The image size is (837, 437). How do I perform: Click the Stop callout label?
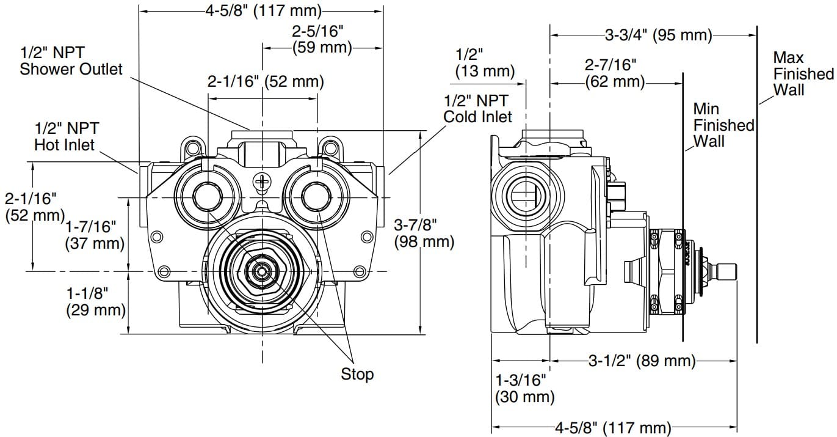click(x=357, y=373)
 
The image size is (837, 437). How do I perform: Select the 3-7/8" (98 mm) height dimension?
click(x=424, y=233)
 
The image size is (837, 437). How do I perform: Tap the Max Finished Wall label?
click(x=802, y=73)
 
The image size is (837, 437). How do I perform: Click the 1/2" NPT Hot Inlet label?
click(x=66, y=137)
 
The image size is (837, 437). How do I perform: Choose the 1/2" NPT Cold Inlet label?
click(x=477, y=108)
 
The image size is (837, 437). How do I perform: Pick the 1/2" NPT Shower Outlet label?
click(x=71, y=61)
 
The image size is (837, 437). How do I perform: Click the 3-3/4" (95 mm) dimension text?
click(x=658, y=35)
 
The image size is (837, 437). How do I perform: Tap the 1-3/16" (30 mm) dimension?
click(x=524, y=389)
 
